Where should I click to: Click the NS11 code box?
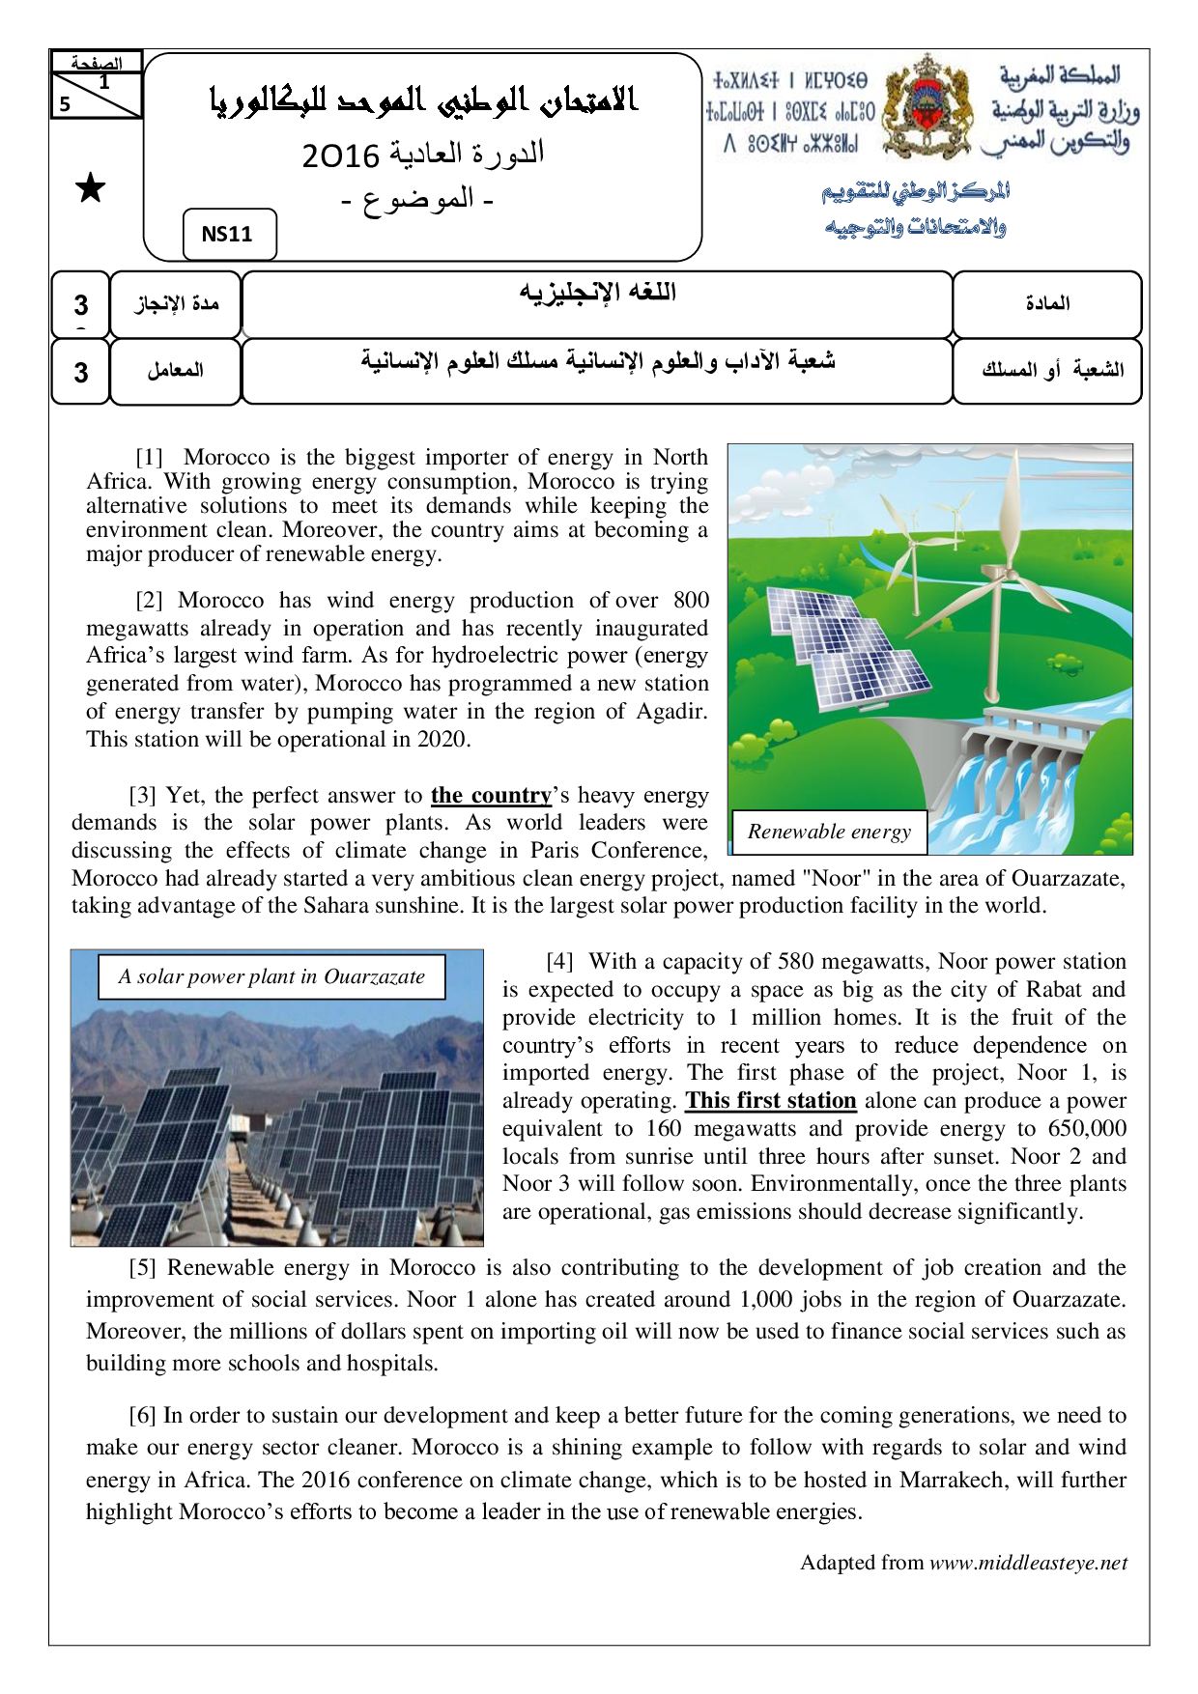[x=229, y=235]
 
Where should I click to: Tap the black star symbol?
[x=91, y=189]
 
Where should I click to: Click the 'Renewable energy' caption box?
[x=829, y=832]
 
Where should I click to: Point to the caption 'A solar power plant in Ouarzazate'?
[x=271, y=976]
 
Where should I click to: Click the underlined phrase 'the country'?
[x=491, y=796]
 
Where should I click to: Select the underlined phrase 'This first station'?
[x=770, y=1101]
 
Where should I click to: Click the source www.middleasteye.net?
[x=1028, y=1563]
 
